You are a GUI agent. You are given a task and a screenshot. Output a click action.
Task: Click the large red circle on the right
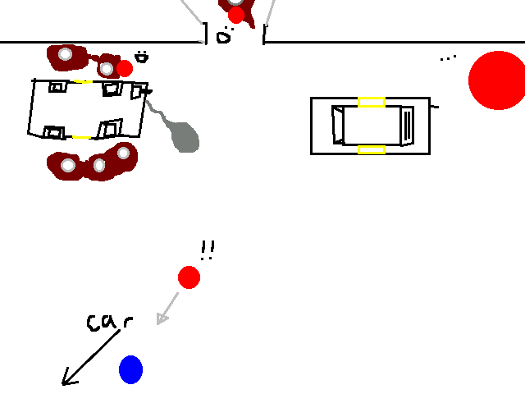(497, 80)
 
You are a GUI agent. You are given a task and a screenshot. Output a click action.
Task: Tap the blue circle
(130, 369)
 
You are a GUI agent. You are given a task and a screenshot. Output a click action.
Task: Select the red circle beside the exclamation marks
(189, 277)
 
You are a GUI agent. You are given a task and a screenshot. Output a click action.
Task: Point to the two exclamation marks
(207, 250)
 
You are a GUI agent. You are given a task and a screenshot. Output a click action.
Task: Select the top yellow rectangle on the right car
(372, 102)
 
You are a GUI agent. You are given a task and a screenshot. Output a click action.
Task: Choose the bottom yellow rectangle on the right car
(372, 149)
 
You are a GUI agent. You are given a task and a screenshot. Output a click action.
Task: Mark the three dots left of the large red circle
(448, 58)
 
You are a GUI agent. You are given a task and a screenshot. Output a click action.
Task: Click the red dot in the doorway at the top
(236, 15)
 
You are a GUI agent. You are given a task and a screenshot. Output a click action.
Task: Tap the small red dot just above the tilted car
(125, 68)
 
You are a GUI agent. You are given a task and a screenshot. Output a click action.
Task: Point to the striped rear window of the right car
(409, 125)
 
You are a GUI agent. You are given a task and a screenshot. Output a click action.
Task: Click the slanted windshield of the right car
(338, 125)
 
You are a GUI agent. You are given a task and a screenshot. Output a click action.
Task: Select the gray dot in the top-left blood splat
(66, 55)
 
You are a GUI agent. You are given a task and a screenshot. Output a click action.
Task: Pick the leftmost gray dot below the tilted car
(68, 166)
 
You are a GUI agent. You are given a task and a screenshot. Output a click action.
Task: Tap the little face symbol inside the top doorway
(224, 35)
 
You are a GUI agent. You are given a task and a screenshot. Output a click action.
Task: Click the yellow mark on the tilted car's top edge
(84, 81)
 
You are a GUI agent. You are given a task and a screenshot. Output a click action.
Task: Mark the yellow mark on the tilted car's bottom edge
(80, 137)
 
